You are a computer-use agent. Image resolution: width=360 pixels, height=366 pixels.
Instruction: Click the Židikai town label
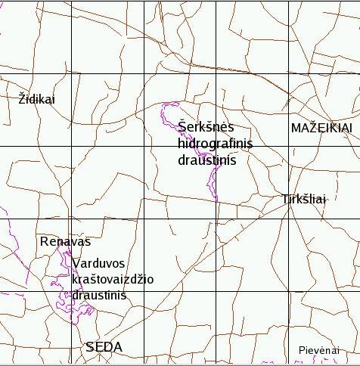click(36, 98)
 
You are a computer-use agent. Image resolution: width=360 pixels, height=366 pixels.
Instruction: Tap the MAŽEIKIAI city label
click(321, 129)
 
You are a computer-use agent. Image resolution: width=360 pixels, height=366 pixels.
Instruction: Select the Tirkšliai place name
click(303, 200)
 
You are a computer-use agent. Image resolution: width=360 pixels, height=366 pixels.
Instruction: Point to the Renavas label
click(65, 242)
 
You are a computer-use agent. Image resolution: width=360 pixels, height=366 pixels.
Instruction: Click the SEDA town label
click(104, 347)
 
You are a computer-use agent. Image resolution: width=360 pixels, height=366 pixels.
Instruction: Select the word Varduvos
click(100, 263)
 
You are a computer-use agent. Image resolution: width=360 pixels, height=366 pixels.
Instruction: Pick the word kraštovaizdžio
click(113, 279)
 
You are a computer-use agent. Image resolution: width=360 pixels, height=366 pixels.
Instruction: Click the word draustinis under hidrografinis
click(207, 160)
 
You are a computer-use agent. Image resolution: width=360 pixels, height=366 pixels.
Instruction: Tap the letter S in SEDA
click(91, 347)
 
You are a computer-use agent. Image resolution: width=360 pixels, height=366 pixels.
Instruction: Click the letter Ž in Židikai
click(22, 98)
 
